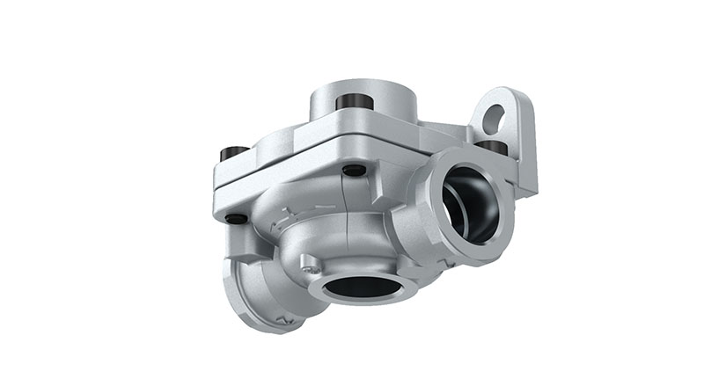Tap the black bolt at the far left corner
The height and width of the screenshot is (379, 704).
click(x=233, y=155)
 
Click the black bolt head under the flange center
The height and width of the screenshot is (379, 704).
click(x=354, y=170)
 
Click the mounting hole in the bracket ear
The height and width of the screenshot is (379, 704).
click(x=495, y=116)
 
